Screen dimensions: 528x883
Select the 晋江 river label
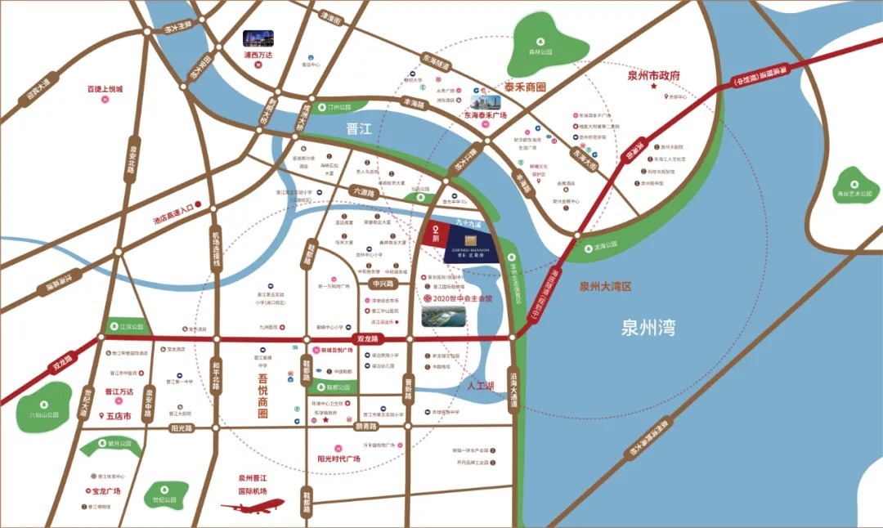[359, 128]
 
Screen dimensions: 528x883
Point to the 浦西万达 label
[259, 56]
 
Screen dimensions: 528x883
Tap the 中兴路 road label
[382, 284]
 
